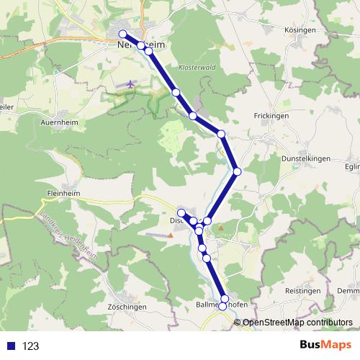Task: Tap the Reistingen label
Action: [x=301, y=289]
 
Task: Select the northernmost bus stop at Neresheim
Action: [x=123, y=35]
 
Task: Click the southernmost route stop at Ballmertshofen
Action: [x=222, y=307]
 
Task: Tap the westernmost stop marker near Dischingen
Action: [x=181, y=212]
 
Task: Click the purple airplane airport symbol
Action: [x=130, y=84]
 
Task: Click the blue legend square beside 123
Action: [x=10, y=346]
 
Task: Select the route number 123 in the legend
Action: [x=31, y=346]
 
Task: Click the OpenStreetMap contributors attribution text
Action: [x=297, y=323]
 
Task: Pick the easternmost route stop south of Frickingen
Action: [x=237, y=171]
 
